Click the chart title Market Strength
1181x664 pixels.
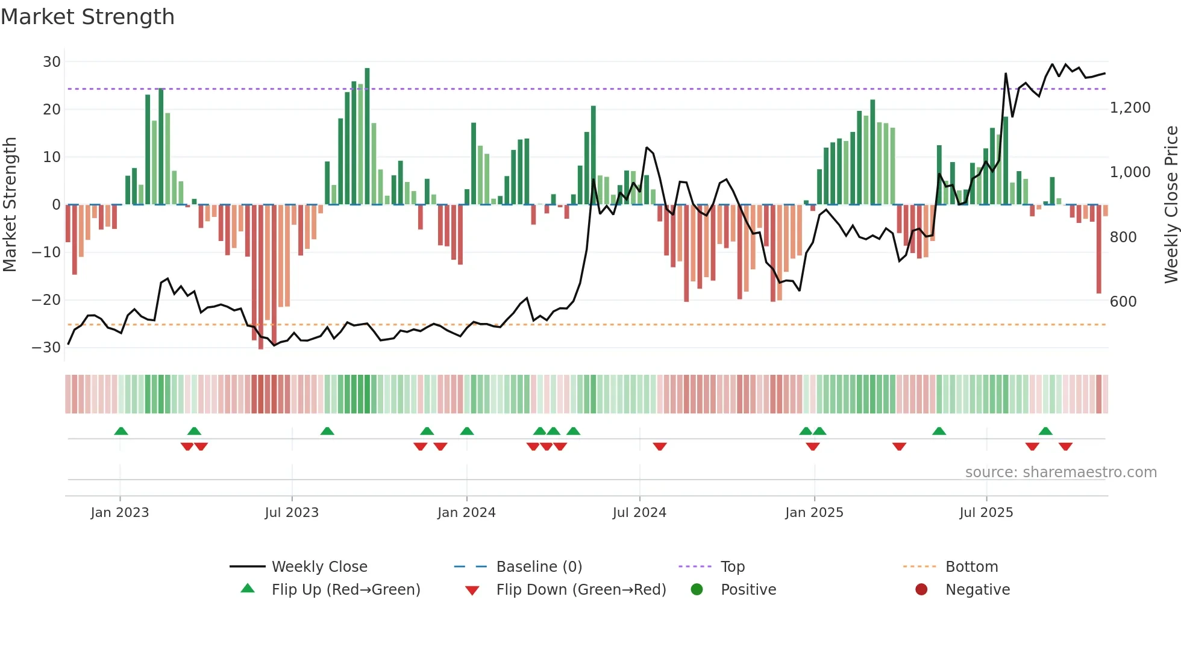point(87,17)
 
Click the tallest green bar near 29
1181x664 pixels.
point(367,136)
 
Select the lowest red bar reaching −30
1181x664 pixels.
point(261,277)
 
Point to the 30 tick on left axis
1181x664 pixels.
point(52,62)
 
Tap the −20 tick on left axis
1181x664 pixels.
point(46,300)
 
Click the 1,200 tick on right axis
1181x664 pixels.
point(1130,108)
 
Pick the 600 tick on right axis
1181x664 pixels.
point(1123,302)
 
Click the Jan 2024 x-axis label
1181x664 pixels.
point(466,513)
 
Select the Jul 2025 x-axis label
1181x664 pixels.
point(986,513)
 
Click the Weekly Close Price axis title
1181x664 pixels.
point(1171,205)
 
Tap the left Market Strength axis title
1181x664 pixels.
point(10,205)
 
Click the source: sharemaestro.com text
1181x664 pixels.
point(1060,472)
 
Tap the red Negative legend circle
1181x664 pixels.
point(921,590)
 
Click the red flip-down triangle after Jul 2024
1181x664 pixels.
point(660,446)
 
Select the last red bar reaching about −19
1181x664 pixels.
point(1098,249)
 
